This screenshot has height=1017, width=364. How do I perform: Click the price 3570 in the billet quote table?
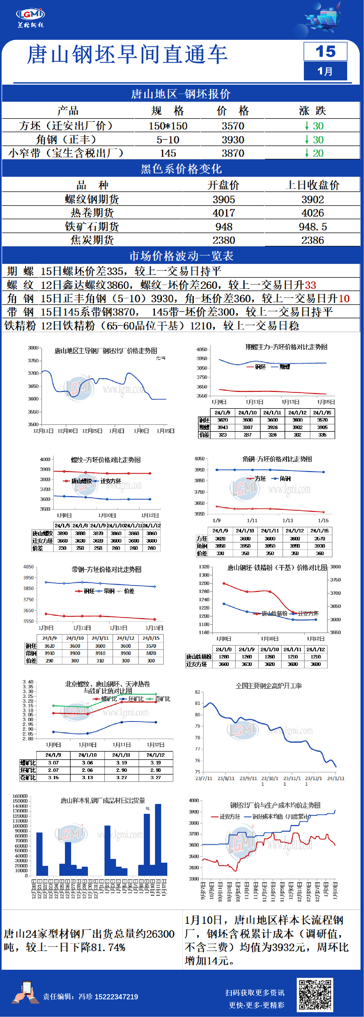(x=233, y=126)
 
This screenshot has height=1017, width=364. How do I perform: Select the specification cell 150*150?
(x=168, y=126)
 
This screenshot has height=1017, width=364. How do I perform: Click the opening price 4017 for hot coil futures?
(x=224, y=213)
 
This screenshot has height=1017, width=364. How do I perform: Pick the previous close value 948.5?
(x=313, y=227)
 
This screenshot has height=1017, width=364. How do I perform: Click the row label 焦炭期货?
(x=92, y=240)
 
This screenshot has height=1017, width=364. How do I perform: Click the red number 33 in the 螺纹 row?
(x=310, y=285)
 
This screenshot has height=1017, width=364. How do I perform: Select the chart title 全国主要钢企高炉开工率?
(x=269, y=686)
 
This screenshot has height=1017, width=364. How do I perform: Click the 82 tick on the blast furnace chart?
(x=198, y=692)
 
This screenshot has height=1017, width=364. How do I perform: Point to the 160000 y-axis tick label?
(x=20, y=796)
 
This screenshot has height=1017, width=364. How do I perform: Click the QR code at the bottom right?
(x=315, y=994)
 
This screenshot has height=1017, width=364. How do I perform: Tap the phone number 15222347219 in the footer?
(x=116, y=996)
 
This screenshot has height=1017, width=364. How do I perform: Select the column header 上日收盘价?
(x=313, y=185)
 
